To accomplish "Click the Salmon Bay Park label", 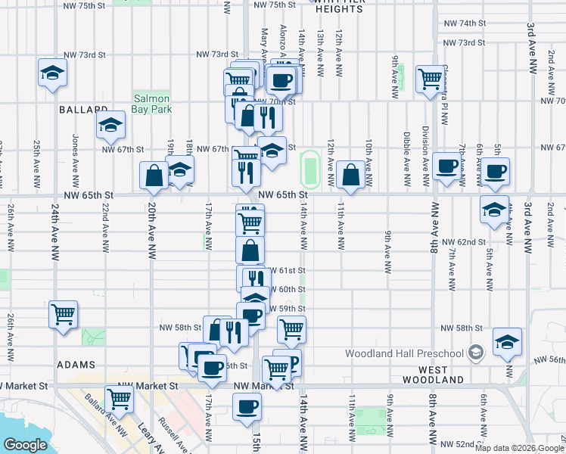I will (152, 104).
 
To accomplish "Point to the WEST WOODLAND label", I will (433, 374).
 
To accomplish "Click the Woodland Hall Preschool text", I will (404, 353).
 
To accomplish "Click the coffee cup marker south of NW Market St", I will (245, 408).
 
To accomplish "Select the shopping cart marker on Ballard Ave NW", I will (120, 398).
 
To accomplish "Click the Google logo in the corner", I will (25, 445).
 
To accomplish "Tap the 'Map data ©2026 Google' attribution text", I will (518, 448).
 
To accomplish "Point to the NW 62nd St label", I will (463, 241).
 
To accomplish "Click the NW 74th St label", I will (465, 23).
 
